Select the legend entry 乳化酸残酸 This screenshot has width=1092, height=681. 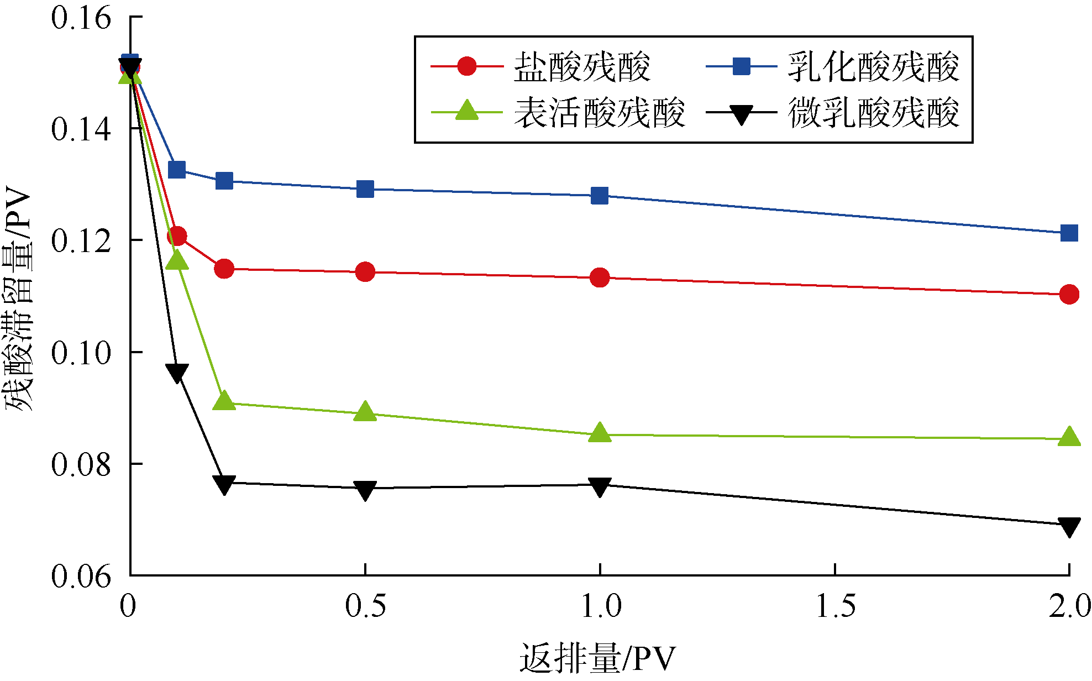(873, 67)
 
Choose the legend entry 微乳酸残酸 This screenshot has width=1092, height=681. (873, 113)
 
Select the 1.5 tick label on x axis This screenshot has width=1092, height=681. (836, 606)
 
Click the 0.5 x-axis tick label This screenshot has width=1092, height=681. (365, 606)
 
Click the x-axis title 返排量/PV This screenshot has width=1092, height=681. (597, 658)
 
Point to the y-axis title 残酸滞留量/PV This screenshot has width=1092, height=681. (18, 298)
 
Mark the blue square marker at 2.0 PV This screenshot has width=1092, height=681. (1069, 233)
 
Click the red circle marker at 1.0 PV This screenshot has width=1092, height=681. (600, 277)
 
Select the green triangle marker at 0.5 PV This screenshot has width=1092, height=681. (365, 412)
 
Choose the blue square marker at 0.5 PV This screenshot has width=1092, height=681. (365, 189)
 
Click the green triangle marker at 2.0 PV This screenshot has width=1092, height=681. (1069, 437)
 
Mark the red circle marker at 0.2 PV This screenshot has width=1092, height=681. (224, 269)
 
